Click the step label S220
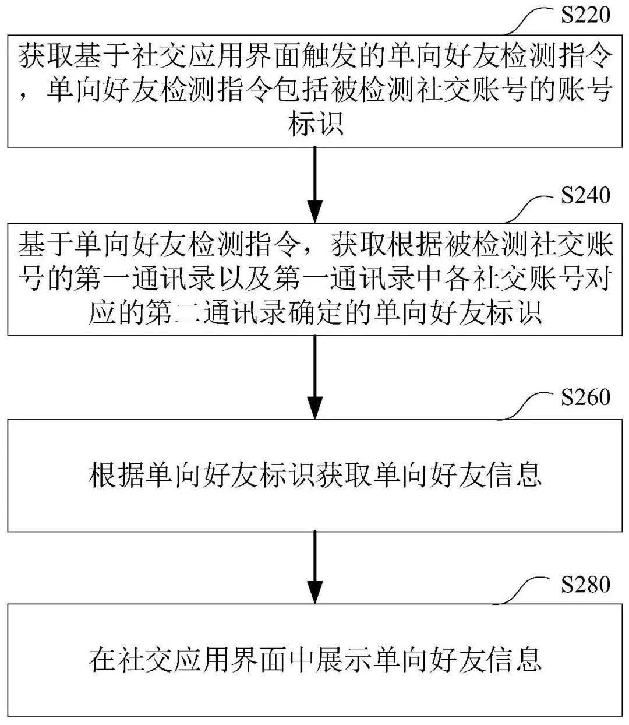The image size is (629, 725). [585, 15]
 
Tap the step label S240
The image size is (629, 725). [585, 195]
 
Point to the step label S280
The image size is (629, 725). [585, 584]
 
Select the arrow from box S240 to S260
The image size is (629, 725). [314, 376]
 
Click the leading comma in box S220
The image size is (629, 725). [26, 96]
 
